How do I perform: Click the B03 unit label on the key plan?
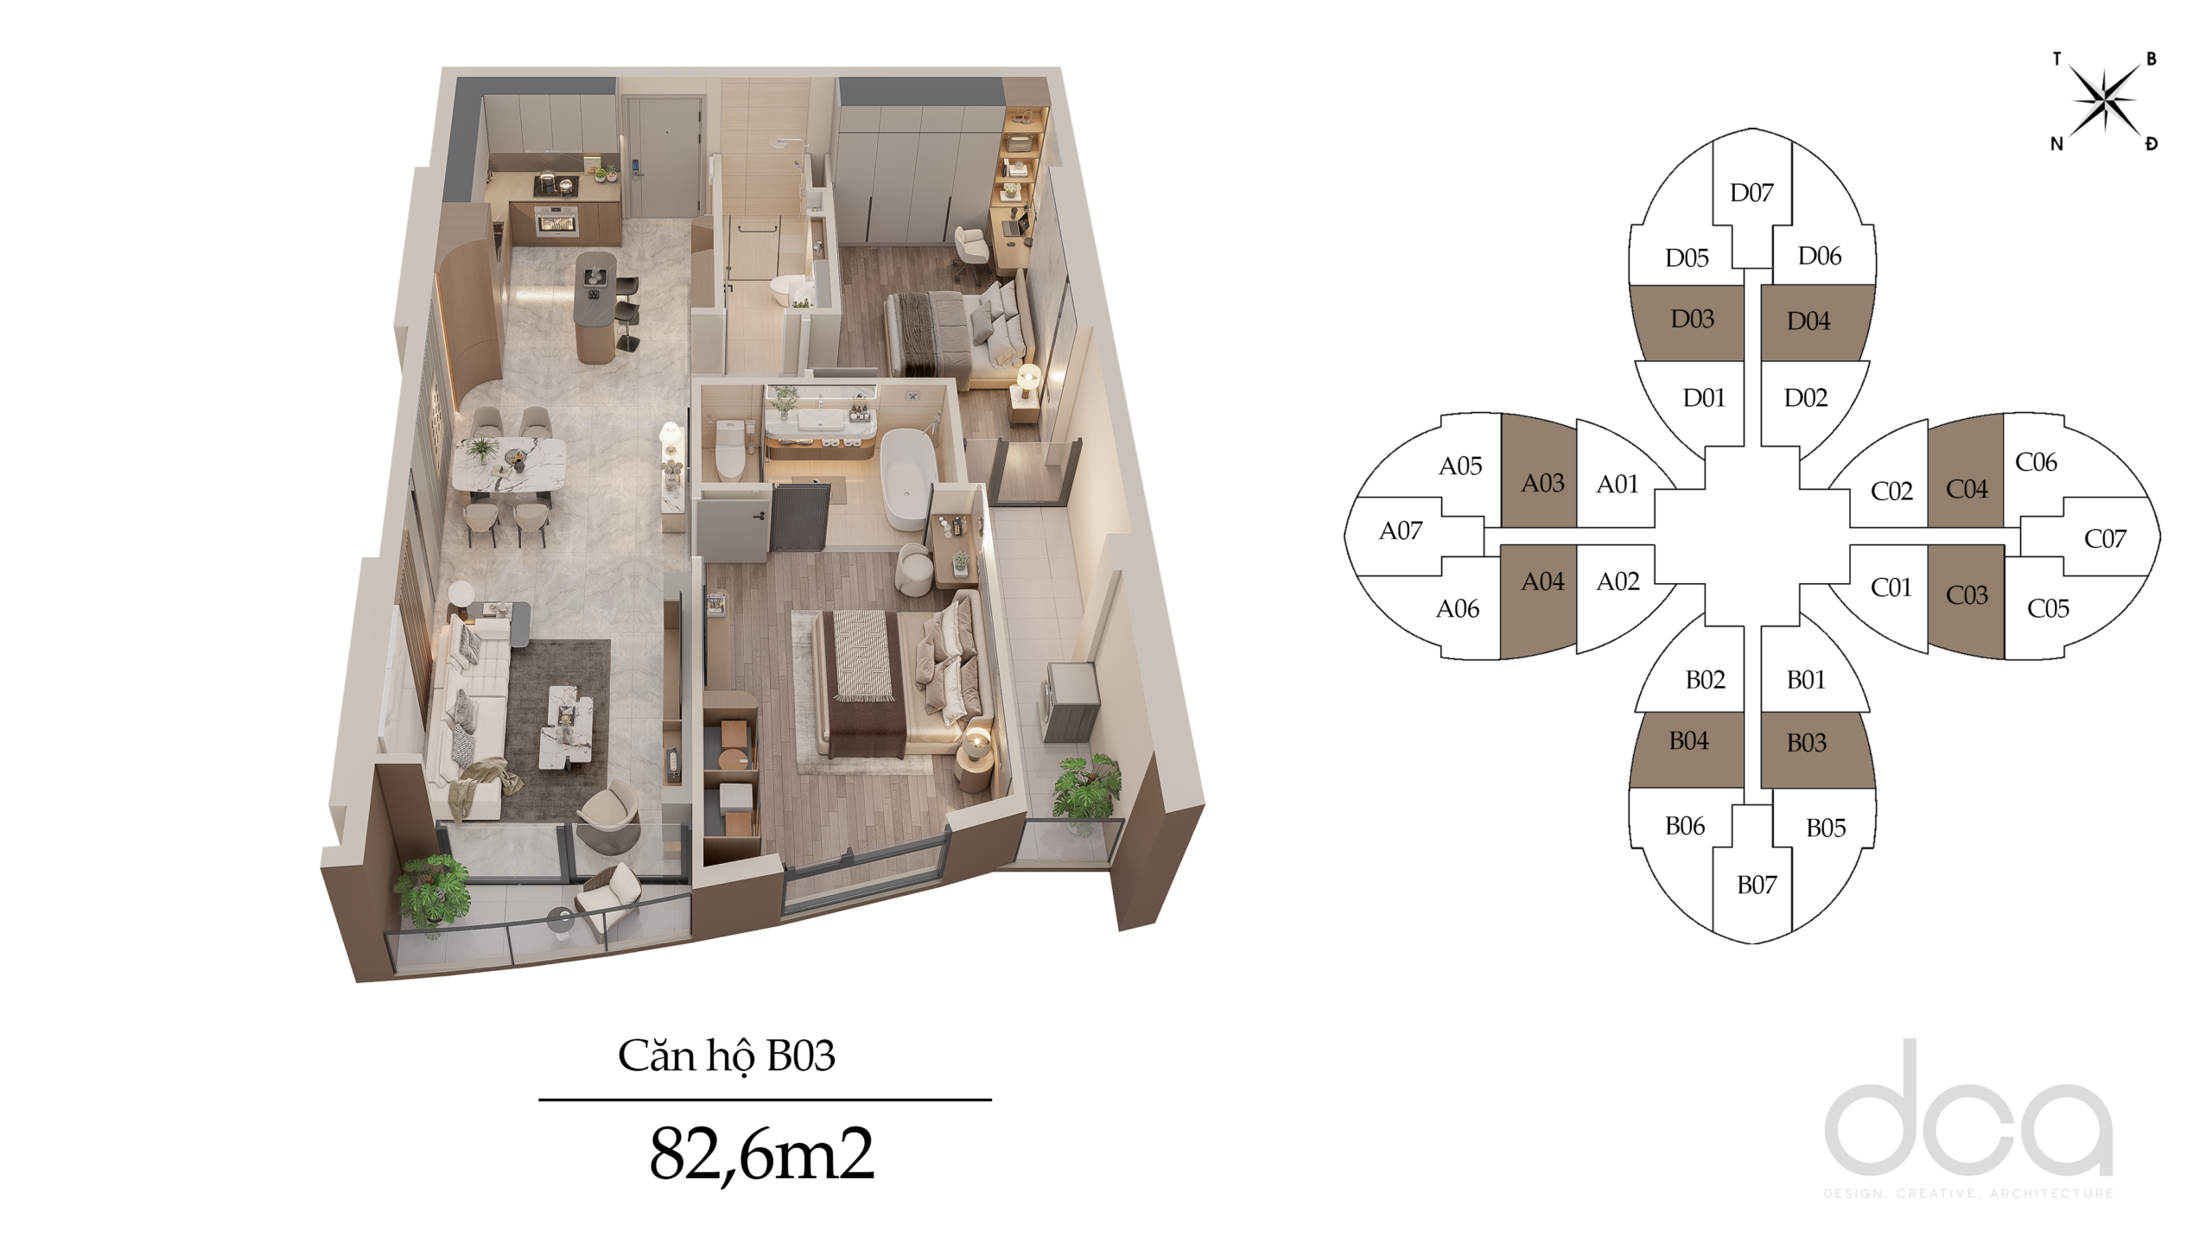1806,743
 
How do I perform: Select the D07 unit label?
1751,193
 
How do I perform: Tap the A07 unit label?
1401,530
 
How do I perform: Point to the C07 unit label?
2105,539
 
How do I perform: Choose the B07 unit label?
1757,885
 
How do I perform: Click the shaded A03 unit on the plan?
1539,472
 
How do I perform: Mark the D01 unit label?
1704,398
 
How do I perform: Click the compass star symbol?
2106,102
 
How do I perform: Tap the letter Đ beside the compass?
2152,143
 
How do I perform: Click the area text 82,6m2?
761,1153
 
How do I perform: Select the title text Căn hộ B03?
727,1056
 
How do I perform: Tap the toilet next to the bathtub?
730,447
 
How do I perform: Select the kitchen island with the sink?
595,307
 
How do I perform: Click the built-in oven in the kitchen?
557,220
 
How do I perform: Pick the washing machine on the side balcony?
1071,701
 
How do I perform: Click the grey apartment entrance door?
662,156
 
